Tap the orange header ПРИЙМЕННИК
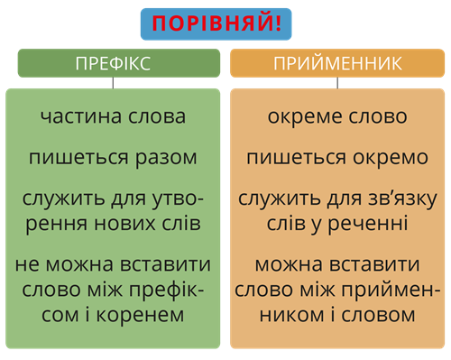pos(337,63)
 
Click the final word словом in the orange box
pos(385,316)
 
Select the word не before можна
pos(28,266)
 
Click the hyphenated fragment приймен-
pos(392,291)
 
